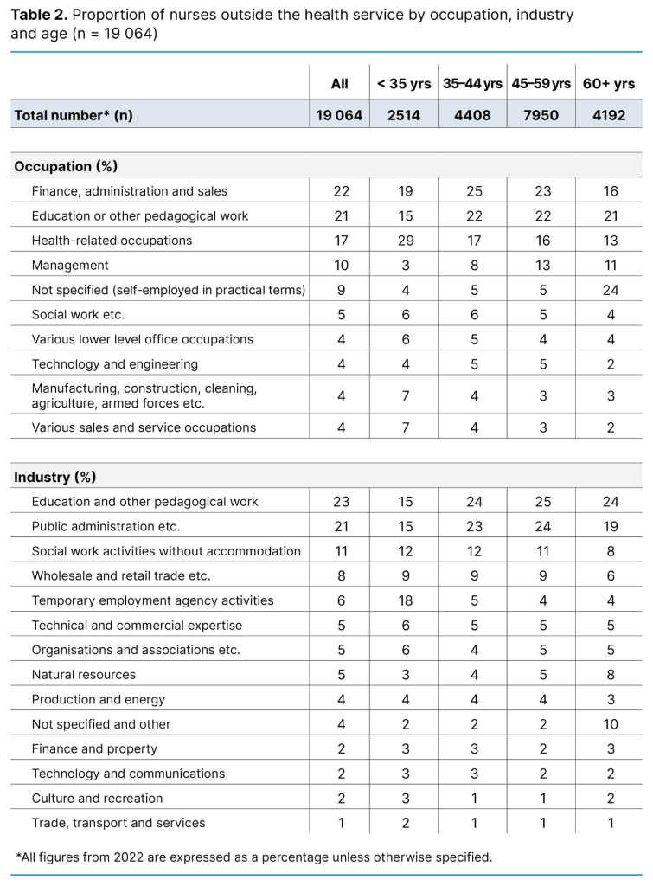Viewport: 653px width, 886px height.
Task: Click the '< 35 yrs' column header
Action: [x=403, y=84]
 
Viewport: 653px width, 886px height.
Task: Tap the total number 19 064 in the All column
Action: [x=339, y=115]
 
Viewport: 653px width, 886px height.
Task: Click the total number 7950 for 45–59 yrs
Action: [x=541, y=115]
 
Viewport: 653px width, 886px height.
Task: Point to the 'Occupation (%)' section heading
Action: [x=66, y=166]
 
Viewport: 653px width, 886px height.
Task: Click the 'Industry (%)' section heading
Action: [x=55, y=477]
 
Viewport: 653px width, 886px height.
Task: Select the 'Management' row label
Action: [x=70, y=266]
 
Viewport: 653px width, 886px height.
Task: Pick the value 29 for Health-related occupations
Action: [x=403, y=241]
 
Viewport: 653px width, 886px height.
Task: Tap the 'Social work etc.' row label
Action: [x=78, y=315]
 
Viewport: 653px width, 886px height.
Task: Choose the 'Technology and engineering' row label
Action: [x=114, y=364]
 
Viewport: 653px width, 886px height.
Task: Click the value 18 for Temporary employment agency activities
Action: [x=403, y=600]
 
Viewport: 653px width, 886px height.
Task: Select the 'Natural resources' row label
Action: [x=83, y=675]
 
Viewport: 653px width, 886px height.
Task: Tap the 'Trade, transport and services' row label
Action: [x=118, y=823]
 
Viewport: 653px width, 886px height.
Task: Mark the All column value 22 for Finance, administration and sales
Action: [x=339, y=191]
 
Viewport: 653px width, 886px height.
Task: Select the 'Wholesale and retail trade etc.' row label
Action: [x=121, y=575]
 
